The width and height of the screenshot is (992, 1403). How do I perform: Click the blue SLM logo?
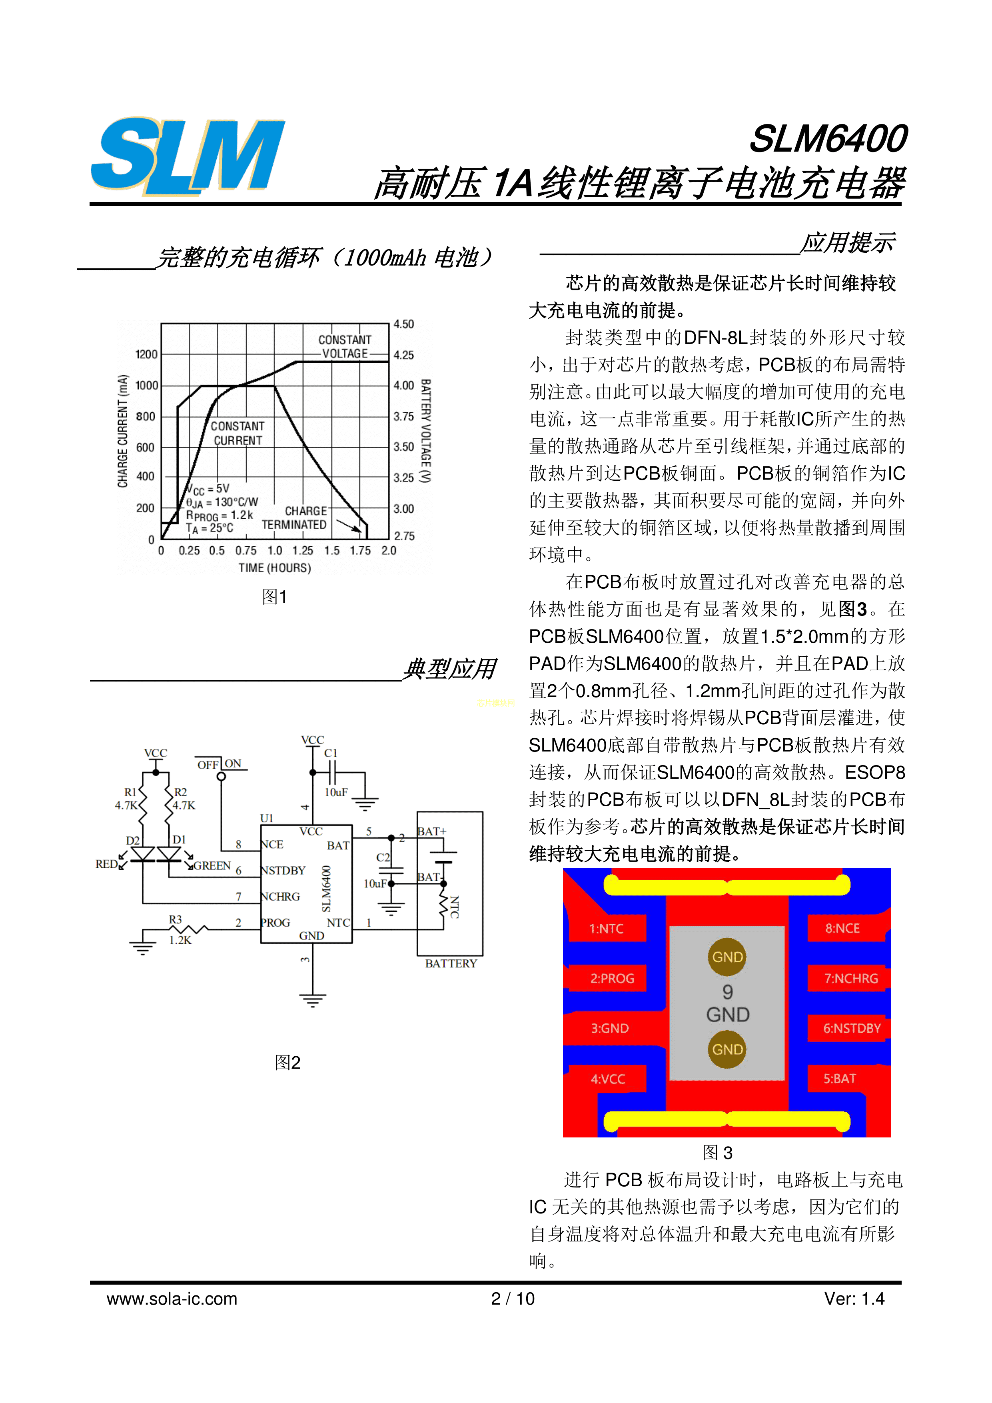tap(188, 156)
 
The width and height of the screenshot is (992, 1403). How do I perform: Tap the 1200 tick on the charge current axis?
tap(147, 354)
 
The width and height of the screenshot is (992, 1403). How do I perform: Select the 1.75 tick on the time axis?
tap(360, 551)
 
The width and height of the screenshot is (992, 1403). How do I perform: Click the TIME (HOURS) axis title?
tap(275, 568)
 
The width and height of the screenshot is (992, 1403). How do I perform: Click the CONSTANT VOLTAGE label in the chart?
tap(345, 346)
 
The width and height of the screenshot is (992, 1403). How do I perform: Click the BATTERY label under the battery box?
tap(451, 963)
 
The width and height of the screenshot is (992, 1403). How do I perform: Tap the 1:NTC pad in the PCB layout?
tap(607, 929)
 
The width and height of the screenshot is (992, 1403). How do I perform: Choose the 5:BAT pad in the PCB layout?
tap(840, 1079)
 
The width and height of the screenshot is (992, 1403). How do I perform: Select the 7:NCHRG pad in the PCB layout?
tap(851, 978)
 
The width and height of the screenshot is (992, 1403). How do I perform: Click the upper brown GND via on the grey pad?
tap(728, 957)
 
